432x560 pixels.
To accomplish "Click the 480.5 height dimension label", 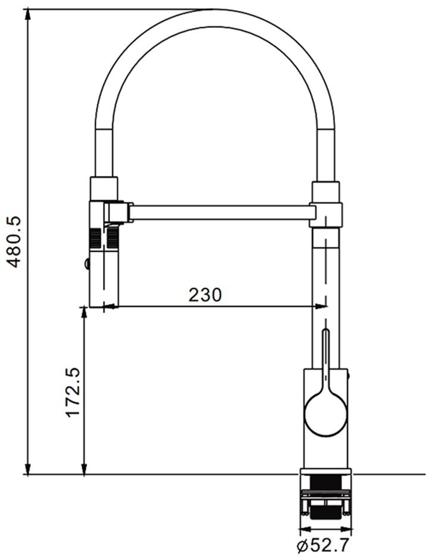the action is tap(15, 242).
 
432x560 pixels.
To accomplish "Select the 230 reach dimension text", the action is tap(205, 295).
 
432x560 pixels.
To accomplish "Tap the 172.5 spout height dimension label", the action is tap(73, 392).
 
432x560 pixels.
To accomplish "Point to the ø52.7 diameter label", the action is tap(323, 545).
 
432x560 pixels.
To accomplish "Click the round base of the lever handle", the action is tap(325, 415).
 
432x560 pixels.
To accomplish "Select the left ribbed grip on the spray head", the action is tap(95, 238).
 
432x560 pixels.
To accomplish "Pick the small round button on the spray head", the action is tap(87, 264).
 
